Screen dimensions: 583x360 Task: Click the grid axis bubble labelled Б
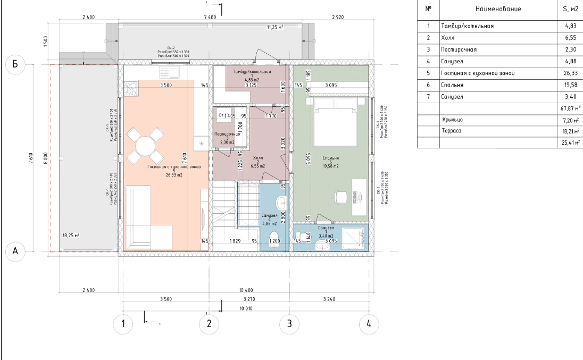point(15,64)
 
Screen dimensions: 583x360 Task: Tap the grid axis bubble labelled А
point(15,252)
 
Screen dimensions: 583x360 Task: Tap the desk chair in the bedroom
point(339,196)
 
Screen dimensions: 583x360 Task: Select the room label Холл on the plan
point(258,158)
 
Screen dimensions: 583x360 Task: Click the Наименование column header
point(498,9)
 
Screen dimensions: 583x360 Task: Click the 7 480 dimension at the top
point(210,18)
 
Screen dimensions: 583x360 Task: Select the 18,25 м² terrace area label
point(71,235)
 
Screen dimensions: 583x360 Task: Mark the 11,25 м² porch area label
point(275,27)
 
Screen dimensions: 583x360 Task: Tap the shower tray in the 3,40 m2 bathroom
point(354,238)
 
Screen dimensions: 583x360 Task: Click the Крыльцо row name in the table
point(452,120)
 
